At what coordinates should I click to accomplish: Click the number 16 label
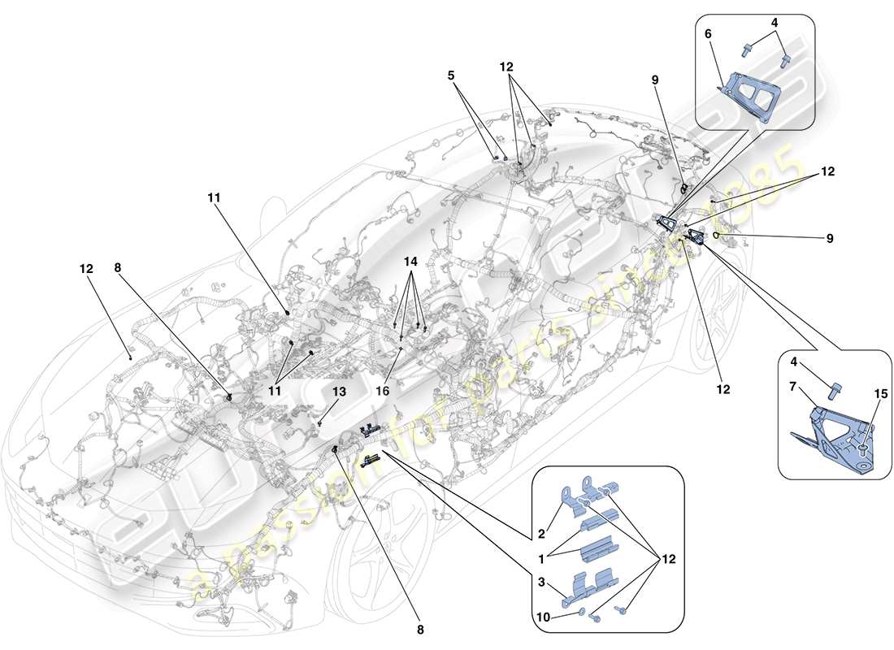pos(382,391)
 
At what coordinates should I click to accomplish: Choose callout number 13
pos(337,392)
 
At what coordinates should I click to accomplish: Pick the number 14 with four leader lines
pos(412,262)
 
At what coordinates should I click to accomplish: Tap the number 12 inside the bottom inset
pos(667,559)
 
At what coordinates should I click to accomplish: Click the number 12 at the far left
pos(85,267)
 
